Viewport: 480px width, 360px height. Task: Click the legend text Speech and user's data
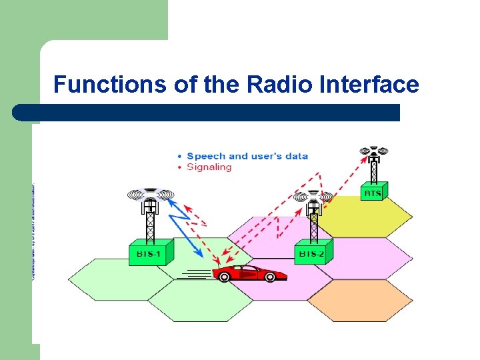[x=247, y=156]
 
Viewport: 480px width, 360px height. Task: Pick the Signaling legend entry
[x=209, y=167]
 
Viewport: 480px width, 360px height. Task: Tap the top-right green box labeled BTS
[x=373, y=193]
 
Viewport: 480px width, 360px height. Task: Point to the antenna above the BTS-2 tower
[x=313, y=197]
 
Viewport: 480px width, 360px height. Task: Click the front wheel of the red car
[x=270, y=277]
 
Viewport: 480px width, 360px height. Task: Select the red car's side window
[x=248, y=269]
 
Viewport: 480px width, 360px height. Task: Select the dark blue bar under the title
[x=207, y=113]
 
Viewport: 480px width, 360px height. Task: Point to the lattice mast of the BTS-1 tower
[x=151, y=223]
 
